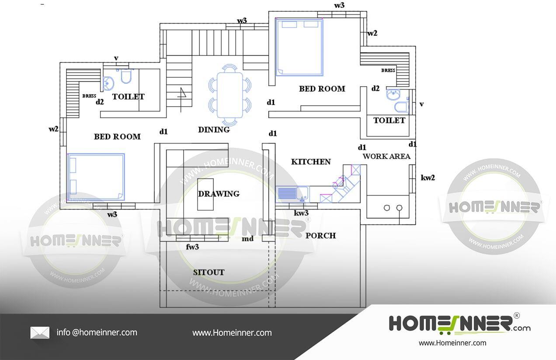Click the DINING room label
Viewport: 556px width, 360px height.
214,129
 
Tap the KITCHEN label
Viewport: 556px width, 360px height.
311,162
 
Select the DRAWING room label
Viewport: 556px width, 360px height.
219,194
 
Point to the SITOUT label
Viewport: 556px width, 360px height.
209,273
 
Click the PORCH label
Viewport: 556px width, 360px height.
320,235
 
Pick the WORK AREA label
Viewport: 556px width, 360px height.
386,156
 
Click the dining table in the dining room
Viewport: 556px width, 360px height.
230,95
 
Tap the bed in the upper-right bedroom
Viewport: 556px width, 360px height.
299,47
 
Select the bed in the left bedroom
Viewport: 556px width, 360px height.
96,177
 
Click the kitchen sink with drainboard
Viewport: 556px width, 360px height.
292,194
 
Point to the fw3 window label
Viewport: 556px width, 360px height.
192,247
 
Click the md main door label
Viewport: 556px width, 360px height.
247,239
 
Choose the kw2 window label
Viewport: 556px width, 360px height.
427,178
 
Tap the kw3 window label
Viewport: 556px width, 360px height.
301,213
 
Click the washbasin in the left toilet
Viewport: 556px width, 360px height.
108,83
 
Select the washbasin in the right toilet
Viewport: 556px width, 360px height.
393,94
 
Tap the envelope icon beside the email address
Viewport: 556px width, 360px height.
40,332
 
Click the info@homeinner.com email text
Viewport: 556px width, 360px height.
97,332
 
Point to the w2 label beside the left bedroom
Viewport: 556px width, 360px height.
54,129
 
